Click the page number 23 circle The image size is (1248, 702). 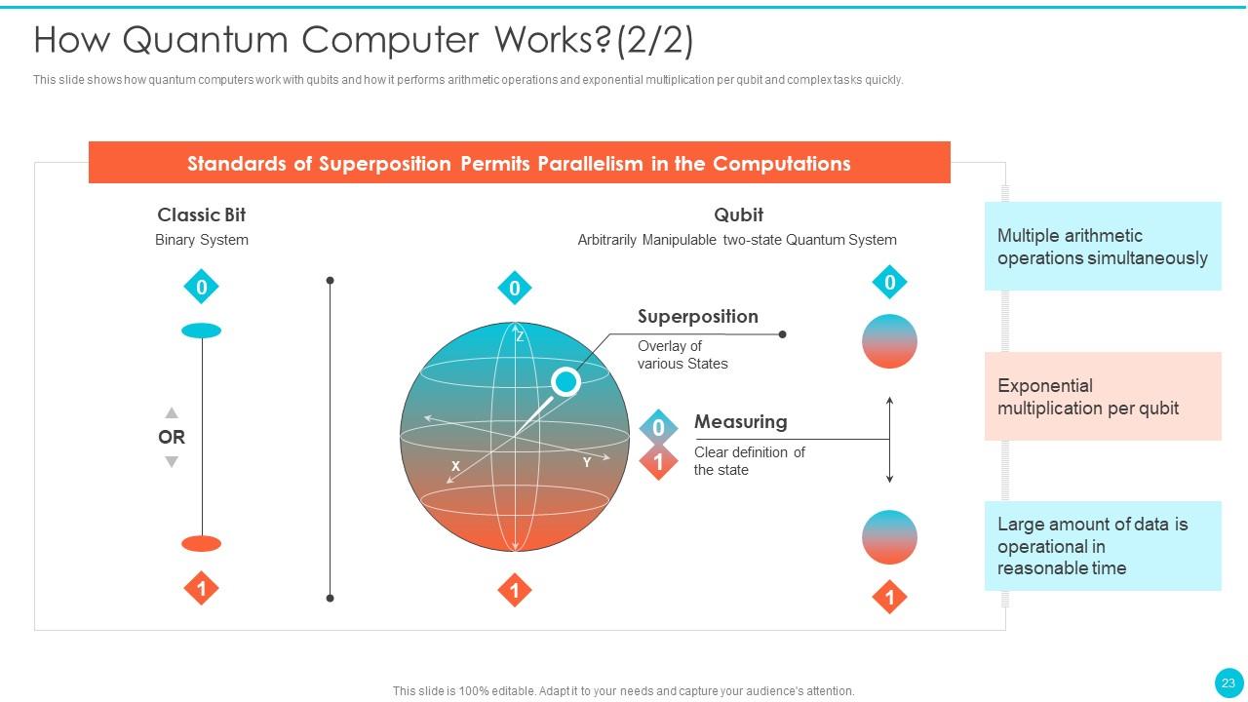[x=1228, y=682]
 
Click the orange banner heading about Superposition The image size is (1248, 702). [x=519, y=163]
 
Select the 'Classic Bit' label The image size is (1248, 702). [x=202, y=214]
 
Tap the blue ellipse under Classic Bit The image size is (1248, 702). [x=202, y=331]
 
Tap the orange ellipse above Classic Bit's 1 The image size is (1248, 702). [x=202, y=543]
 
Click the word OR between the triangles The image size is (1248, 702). [x=172, y=437]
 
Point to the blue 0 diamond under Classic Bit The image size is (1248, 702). [x=202, y=287]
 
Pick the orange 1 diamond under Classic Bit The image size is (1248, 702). [x=202, y=589]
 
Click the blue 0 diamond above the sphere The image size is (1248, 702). [x=515, y=288]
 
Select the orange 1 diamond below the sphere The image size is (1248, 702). [x=515, y=590]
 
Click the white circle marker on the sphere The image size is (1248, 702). [x=565, y=381]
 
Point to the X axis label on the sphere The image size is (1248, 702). [x=455, y=466]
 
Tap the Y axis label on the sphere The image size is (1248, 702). [x=587, y=462]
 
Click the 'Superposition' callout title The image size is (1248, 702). [x=697, y=317]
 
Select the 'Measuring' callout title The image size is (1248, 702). [x=740, y=422]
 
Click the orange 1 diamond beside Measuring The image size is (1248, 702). [x=658, y=462]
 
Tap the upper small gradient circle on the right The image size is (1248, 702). [x=889, y=341]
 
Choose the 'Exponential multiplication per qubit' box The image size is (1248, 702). [x=1102, y=397]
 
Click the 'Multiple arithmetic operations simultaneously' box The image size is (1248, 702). [x=1102, y=247]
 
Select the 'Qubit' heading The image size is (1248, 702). [x=738, y=214]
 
